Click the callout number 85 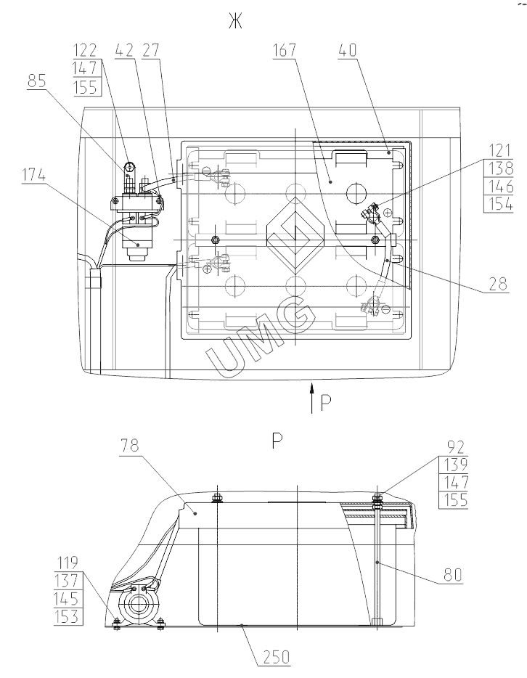(x=37, y=81)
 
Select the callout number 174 (x=33, y=176)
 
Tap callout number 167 (x=285, y=50)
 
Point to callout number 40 (x=348, y=50)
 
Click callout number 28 (x=499, y=284)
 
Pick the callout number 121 (x=499, y=151)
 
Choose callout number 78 (x=130, y=445)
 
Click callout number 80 (x=453, y=575)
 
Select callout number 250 (x=277, y=657)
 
